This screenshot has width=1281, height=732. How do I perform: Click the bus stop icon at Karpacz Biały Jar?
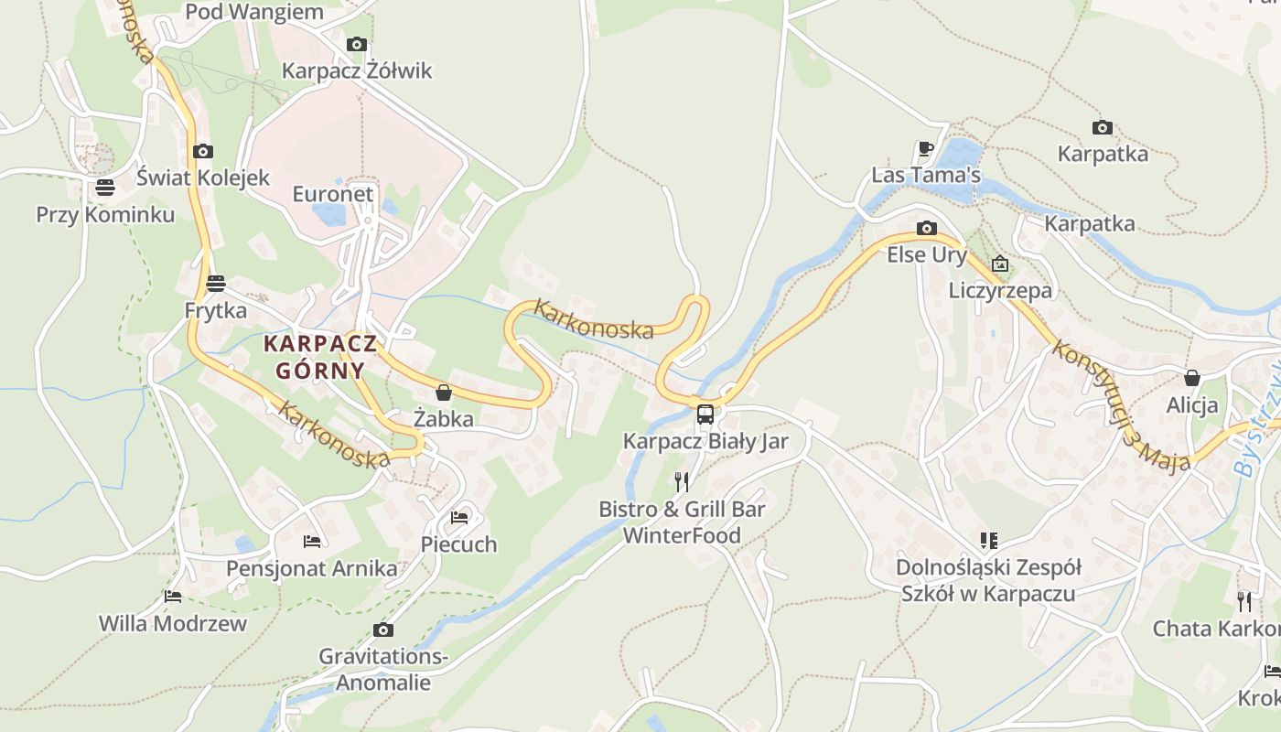tap(705, 414)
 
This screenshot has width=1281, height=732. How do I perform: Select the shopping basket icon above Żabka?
tap(444, 393)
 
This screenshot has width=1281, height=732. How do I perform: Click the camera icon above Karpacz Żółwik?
tap(357, 44)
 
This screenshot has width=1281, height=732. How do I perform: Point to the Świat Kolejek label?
tap(203, 178)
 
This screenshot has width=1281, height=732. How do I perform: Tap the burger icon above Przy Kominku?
tap(105, 188)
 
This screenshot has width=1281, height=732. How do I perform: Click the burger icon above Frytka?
tap(216, 283)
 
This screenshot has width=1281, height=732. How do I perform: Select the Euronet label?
tap(333, 194)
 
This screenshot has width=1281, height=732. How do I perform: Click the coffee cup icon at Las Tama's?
tap(926, 148)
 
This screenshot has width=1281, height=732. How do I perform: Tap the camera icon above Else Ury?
tap(927, 228)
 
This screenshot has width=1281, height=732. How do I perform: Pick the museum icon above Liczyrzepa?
tap(1000, 264)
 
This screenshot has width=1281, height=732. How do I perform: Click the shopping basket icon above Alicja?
tap(1192, 378)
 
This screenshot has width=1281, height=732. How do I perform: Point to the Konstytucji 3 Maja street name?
tap(1121, 405)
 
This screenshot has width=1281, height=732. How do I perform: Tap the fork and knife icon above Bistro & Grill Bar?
tap(682, 481)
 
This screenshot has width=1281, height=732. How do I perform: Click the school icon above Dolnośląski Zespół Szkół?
tap(988, 541)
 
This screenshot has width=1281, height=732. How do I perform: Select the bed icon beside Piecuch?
tap(459, 518)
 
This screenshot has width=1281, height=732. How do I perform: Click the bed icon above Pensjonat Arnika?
tap(312, 542)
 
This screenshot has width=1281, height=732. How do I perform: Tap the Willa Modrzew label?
tap(173, 624)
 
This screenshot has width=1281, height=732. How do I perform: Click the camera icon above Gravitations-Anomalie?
tap(383, 630)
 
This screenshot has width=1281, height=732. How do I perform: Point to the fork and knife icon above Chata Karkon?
tap(1244, 601)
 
